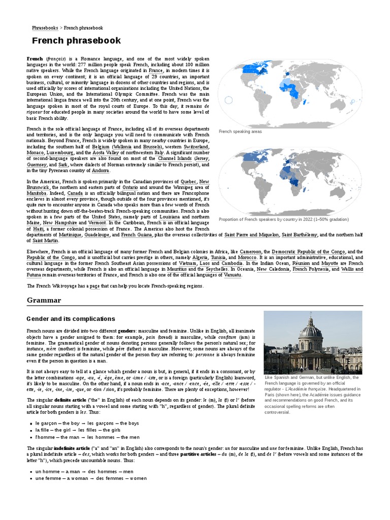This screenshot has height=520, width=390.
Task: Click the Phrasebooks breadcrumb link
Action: (x=44, y=28)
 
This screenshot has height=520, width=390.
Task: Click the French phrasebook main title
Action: (x=76, y=41)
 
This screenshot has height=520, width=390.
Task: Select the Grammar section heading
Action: (x=44, y=300)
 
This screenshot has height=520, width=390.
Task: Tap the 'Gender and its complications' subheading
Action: (x=71, y=318)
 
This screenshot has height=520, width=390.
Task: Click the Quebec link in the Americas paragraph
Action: (x=188, y=181)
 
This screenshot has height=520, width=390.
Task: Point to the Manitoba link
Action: (x=37, y=193)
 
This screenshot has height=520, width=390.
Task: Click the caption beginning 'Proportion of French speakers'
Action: (x=283, y=219)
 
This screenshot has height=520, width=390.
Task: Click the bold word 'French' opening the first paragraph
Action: (x=35, y=59)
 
